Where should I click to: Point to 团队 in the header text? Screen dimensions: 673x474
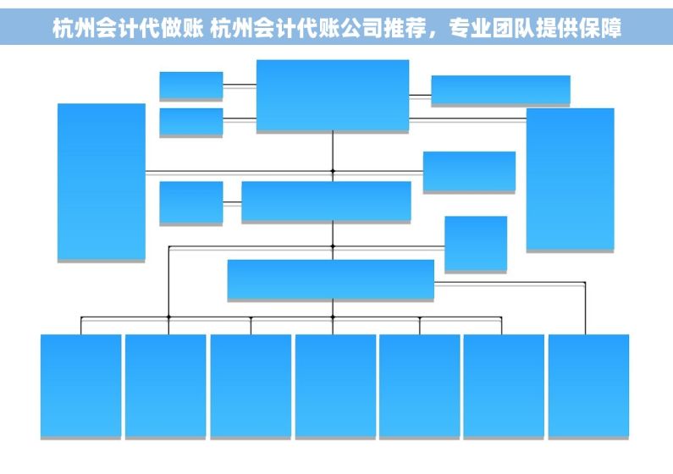(513, 28)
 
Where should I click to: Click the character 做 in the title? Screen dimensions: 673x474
(171, 28)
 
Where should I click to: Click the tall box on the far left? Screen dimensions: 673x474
(102, 182)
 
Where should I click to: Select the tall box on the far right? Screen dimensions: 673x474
(571, 179)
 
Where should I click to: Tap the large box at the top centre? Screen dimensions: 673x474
(333, 96)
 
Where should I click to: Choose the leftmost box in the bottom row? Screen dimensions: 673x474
(80, 387)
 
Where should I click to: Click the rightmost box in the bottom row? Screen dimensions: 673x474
(588, 387)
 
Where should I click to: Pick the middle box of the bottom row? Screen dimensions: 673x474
(335, 387)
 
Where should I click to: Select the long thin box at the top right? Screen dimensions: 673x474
(500, 91)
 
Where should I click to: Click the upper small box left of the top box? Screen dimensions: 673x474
(191, 85)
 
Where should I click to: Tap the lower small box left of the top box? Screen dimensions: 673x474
(191, 122)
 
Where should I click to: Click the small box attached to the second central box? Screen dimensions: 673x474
(191, 203)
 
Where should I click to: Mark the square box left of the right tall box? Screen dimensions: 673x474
(476, 244)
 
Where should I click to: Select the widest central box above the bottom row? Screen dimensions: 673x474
(330, 279)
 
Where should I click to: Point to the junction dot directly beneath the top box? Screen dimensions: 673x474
(333, 171)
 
